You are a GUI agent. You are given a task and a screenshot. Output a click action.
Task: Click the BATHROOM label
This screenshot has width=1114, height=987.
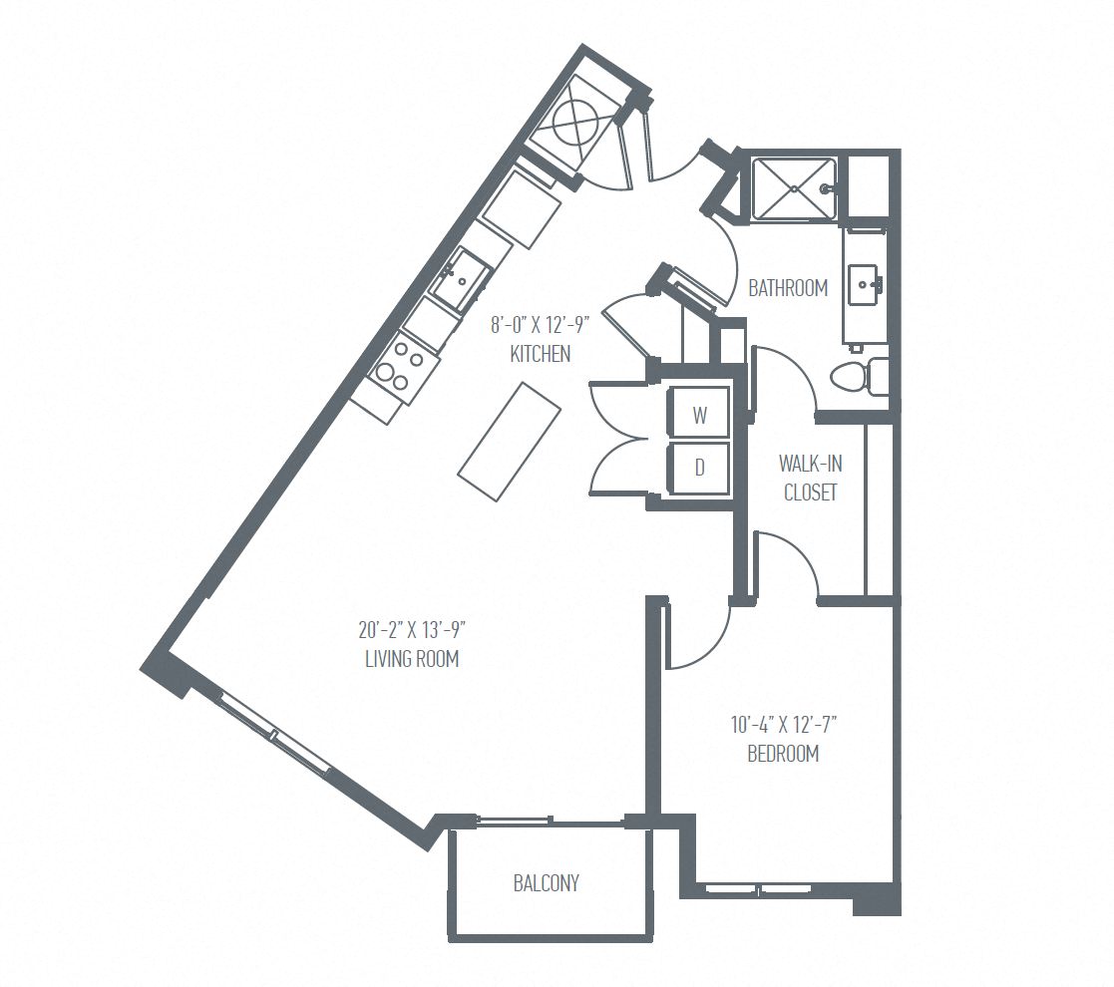[x=788, y=288]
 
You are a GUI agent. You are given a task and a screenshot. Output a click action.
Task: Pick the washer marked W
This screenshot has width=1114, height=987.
[x=700, y=415]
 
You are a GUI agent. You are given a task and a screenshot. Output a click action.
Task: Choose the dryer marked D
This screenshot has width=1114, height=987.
[x=700, y=469]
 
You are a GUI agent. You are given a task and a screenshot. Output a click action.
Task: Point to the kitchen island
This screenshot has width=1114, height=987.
[x=510, y=441]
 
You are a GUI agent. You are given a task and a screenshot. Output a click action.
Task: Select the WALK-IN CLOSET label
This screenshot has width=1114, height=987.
[x=810, y=478]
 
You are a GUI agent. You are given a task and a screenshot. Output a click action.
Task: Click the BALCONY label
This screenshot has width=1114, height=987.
[x=546, y=882]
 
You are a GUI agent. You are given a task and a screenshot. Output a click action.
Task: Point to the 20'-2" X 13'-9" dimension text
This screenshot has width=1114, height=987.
[x=413, y=630]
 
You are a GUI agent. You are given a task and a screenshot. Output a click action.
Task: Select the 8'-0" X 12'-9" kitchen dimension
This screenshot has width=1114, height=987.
[x=540, y=325]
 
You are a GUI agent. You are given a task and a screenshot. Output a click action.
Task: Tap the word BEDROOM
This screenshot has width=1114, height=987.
[x=783, y=754]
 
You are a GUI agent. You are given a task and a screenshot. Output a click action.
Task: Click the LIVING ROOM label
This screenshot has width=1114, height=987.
[x=411, y=659]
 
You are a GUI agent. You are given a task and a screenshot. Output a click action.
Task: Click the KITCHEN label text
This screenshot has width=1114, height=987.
[x=540, y=354]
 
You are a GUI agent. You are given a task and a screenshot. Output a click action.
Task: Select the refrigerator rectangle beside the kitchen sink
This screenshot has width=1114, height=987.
[x=521, y=208]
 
